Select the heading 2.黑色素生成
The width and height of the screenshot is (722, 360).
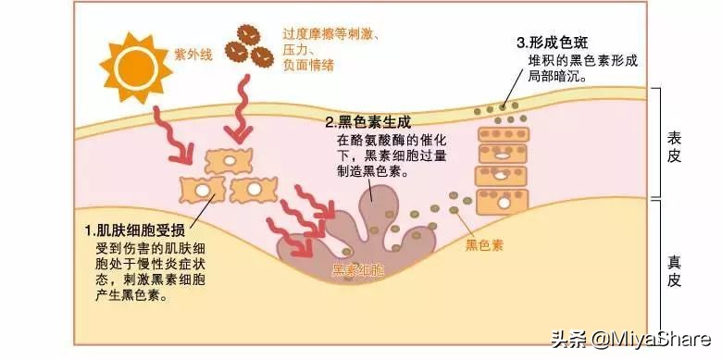coord(367,121)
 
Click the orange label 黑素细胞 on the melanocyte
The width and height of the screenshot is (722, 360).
coord(358,270)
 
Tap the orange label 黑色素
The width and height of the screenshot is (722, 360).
coord(484,245)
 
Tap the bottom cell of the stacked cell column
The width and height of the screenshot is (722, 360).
coord(501,199)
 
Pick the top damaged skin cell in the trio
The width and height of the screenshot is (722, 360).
coord(229,162)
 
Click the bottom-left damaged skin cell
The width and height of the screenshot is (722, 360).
coord(201,191)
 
